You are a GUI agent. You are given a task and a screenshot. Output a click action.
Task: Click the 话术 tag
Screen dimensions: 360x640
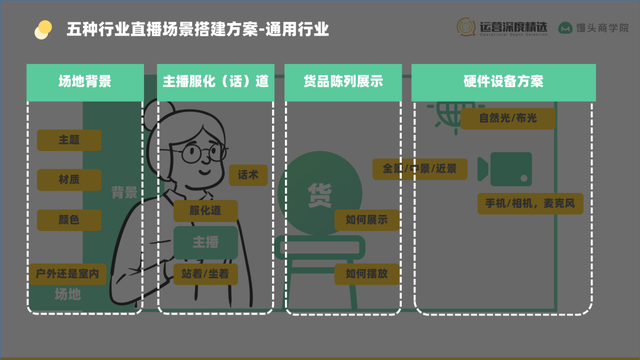247,174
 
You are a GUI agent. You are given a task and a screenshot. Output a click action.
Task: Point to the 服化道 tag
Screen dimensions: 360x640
199,210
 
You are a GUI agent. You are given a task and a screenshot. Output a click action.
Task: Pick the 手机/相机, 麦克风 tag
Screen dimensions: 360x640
528,204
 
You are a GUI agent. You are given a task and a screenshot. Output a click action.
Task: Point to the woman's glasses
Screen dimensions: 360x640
204,153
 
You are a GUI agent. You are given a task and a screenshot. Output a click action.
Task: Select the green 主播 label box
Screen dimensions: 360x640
205,242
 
